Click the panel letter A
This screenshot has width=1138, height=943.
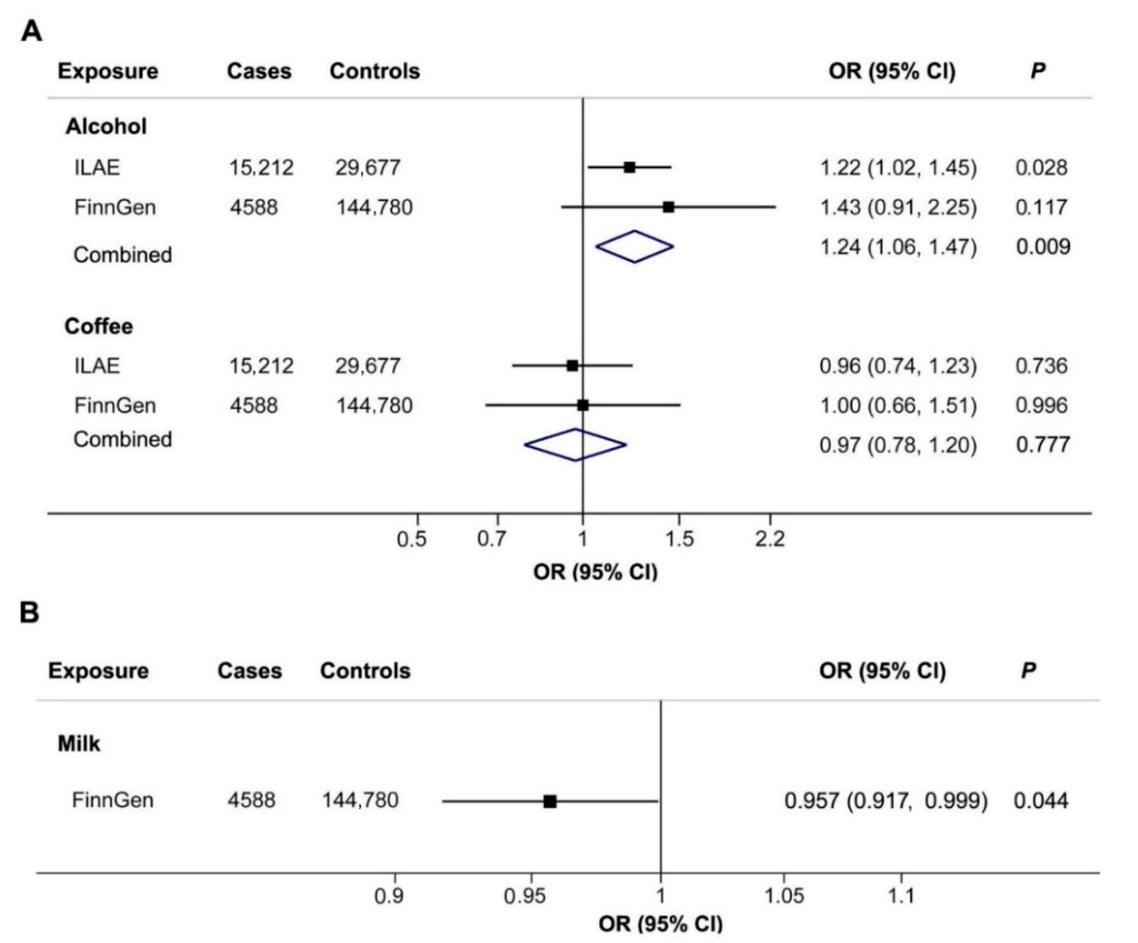pos(32,32)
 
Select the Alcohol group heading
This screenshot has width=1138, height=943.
pos(106,126)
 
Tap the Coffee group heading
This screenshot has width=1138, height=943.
pos(99,327)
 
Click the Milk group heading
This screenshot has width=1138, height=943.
pos(79,744)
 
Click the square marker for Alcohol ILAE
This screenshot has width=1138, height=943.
pos(629,167)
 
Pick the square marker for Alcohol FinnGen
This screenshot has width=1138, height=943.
pos(669,207)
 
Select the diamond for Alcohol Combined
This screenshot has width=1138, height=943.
pos(635,247)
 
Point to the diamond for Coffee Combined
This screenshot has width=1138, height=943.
pos(576,445)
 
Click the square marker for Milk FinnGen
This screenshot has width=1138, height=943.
pos(550,801)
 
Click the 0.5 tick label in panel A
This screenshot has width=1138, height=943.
pos(412,539)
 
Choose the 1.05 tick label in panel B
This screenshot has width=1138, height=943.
pos(784,896)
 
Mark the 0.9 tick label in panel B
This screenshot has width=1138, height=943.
pos(389,896)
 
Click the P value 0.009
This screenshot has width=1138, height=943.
pos(1043,247)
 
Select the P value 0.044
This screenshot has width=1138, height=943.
pos(1041,800)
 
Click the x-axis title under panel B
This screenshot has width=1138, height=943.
pos(661,923)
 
